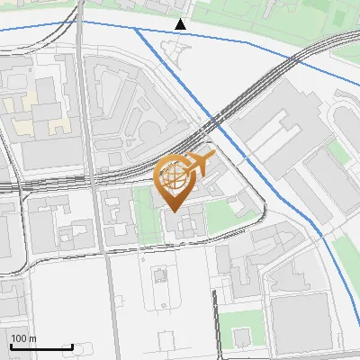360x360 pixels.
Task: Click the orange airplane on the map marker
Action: point(199,163)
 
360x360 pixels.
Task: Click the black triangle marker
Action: point(180,23)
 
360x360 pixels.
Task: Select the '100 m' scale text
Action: point(23,338)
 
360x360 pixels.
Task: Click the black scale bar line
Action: point(41,346)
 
